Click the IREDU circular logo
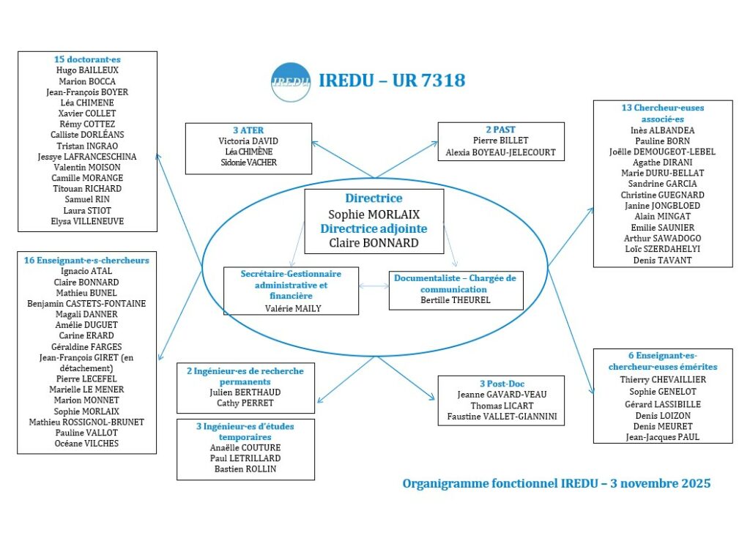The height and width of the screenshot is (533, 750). pos(290,81)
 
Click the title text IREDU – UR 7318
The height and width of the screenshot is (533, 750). pos(392,81)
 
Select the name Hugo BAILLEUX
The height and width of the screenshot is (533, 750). pos(87,70)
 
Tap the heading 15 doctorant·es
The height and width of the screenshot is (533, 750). pos(87,59)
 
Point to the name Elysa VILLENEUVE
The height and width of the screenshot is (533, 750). pos(87,221)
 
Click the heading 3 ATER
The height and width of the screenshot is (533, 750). pos(248,130)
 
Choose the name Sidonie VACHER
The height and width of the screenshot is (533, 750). pos(248,163)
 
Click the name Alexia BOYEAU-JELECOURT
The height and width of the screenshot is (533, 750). pos(501,153)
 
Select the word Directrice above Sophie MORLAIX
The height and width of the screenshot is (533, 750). pos(374,198)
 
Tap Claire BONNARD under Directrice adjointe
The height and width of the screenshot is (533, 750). pos(374,242)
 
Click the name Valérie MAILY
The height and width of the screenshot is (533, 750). pos(291,308)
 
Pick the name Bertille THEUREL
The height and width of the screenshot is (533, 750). pos(455,299)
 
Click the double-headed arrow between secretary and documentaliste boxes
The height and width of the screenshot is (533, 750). pos(374,286)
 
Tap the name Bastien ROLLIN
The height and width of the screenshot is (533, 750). pos(245,469)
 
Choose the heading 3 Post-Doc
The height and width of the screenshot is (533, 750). pos(501,384)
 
